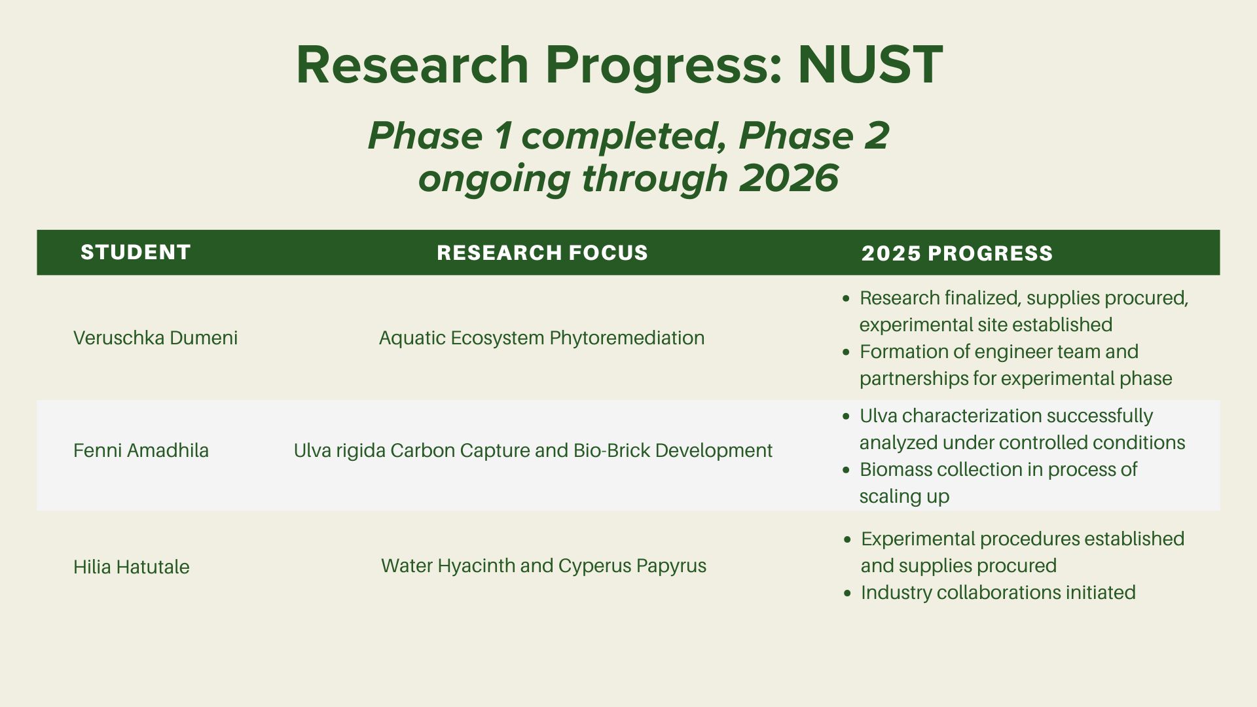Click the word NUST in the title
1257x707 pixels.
(x=870, y=65)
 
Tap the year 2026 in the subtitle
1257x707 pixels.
(x=789, y=177)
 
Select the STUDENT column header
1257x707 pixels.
(x=136, y=252)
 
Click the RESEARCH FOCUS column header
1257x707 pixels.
(x=542, y=253)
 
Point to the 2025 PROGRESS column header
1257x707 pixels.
(x=957, y=253)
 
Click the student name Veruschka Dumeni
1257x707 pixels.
(x=156, y=338)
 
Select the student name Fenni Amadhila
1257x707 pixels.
(x=141, y=450)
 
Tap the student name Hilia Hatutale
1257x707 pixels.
(x=131, y=567)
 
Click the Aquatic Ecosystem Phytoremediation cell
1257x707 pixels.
(x=541, y=338)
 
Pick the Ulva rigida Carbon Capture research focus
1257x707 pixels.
(x=533, y=450)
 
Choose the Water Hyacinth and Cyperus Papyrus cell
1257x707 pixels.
(x=543, y=566)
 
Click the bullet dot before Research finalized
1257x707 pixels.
(x=847, y=299)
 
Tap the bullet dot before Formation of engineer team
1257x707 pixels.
(x=847, y=352)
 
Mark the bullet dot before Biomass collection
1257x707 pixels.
(x=847, y=470)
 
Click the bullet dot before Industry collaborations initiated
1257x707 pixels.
(x=848, y=593)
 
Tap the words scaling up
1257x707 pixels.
(x=904, y=497)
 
